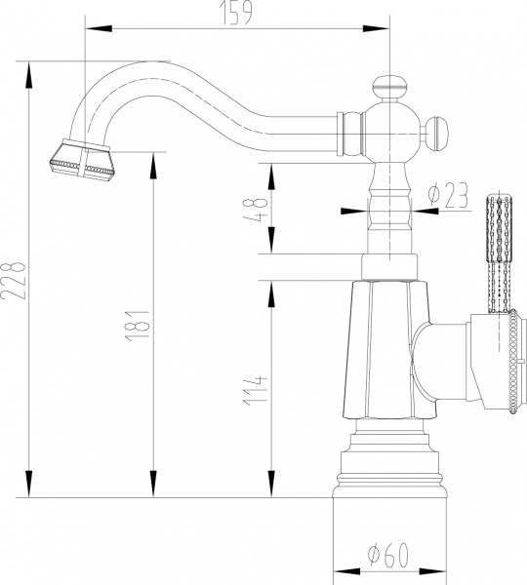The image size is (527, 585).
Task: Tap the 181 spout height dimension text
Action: click(x=138, y=325)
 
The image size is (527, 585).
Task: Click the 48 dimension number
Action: click(x=255, y=209)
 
